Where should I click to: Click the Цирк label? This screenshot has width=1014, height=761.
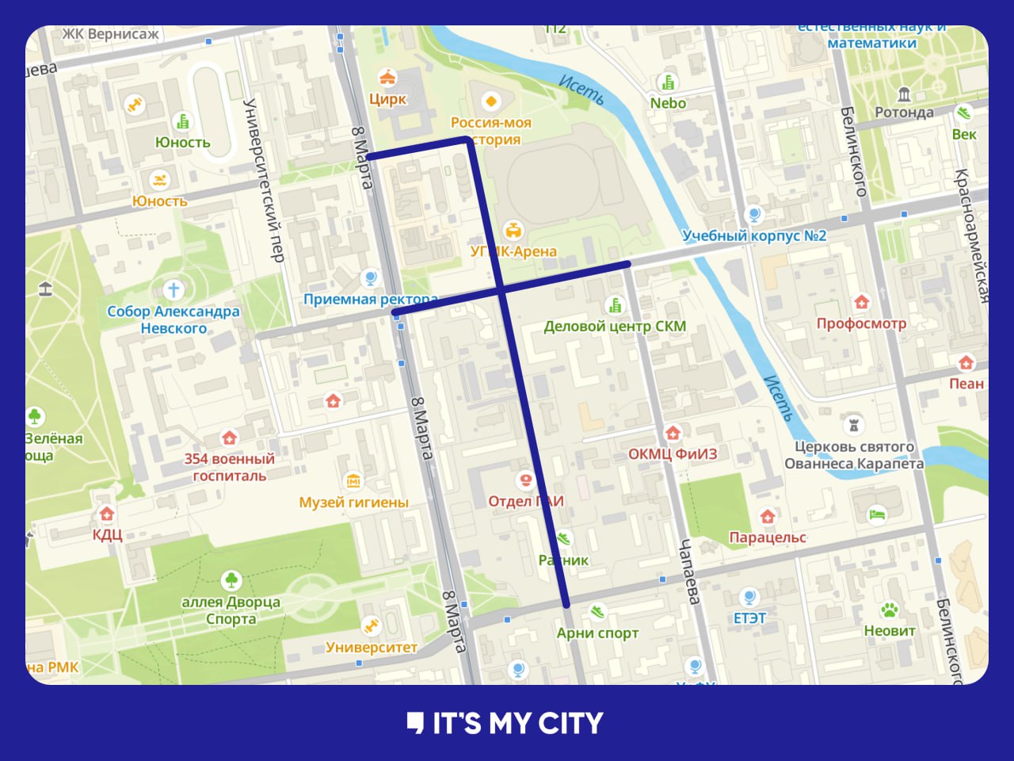point(387,99)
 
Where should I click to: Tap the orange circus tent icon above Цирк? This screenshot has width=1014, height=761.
point(387,78)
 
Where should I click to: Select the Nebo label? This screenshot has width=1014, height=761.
point(668,103)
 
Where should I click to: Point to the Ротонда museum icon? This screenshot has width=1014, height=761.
point(904,94)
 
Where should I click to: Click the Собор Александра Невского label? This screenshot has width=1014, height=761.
point(173,319)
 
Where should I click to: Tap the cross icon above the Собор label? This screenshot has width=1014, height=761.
point(173,289)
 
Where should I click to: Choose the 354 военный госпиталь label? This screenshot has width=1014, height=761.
point(230,467)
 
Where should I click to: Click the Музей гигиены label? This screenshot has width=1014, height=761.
point(353,502)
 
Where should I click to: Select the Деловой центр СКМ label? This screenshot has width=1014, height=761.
point(615,326)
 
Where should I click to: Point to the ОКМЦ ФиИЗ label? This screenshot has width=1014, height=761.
point(673,453)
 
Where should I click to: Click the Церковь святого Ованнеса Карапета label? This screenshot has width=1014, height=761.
point(854,455)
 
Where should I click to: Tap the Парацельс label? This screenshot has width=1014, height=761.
point(767,537)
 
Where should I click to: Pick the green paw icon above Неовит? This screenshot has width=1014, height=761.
point(889,610)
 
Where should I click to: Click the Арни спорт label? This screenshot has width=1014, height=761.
point(597,633)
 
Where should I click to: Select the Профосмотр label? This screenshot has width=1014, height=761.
point(861,323)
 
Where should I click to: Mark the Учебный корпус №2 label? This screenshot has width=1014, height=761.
point(754,235)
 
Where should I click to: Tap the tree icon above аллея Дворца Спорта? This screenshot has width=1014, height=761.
point(231,579)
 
